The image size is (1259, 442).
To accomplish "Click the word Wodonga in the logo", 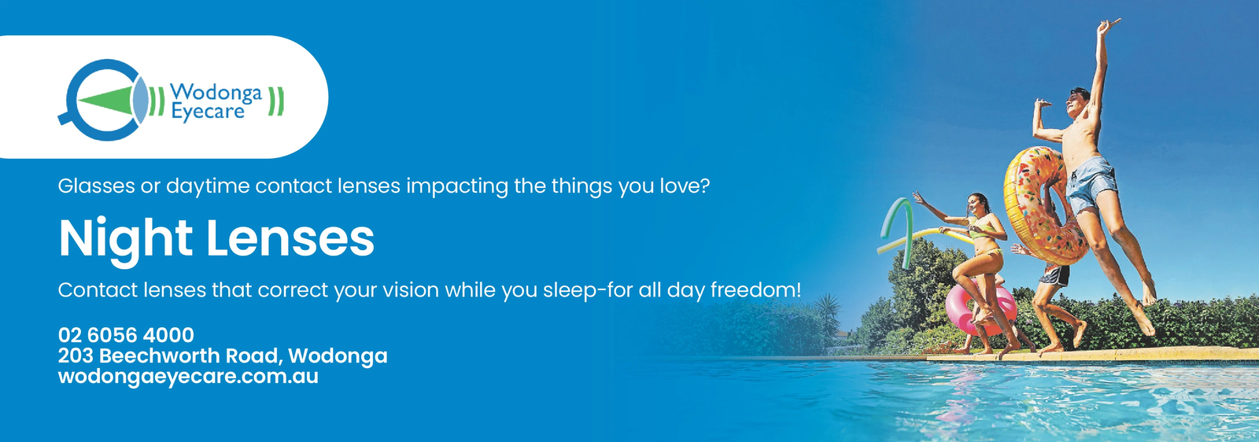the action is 216,92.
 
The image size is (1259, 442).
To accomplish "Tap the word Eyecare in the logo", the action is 208,111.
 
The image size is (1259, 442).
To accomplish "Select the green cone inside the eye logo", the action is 105,100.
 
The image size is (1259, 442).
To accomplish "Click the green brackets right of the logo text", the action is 276,101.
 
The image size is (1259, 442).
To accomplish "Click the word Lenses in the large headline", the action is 290,238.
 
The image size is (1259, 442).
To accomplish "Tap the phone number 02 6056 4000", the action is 126,335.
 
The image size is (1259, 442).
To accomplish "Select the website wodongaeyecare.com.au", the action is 188,376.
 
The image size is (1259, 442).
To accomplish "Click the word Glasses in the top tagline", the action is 96,186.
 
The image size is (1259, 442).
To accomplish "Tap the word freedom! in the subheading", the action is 755,289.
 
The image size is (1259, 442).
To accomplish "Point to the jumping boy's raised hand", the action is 1107,24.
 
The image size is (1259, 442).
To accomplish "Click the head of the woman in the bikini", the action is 977,204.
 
